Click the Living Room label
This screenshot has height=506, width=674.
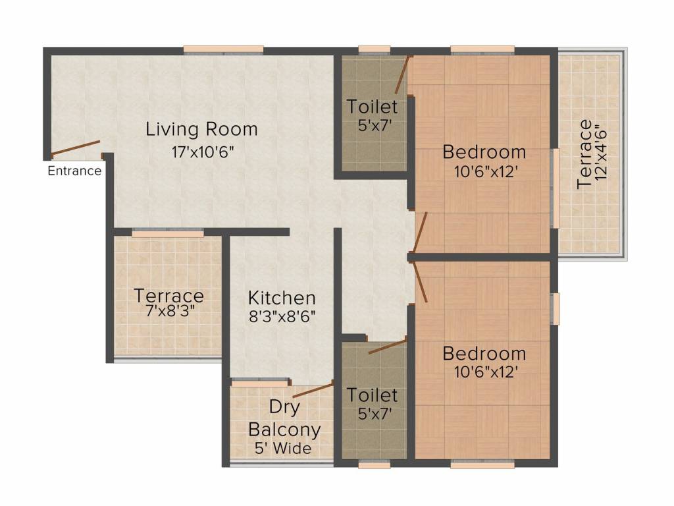(x=201, y=128)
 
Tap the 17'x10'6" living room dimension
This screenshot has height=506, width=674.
(x=203, y=152)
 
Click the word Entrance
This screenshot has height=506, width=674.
(x=74, y=171)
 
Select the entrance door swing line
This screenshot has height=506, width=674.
(x=76, y=148)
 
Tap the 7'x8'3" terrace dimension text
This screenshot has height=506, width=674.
(x=168, y=312)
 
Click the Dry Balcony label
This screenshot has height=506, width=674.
(x=284, y=419)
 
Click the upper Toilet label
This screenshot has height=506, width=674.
(x=373, y=106)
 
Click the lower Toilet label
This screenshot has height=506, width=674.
(x=373, y=395)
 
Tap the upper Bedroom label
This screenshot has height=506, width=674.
(x=484, y=152)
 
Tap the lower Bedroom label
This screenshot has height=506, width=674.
(x=484, y=353)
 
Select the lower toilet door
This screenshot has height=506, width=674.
(x=386, y=347)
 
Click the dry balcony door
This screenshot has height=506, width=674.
(x=311, y=390)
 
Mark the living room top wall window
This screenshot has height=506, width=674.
(x=223, y=49)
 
